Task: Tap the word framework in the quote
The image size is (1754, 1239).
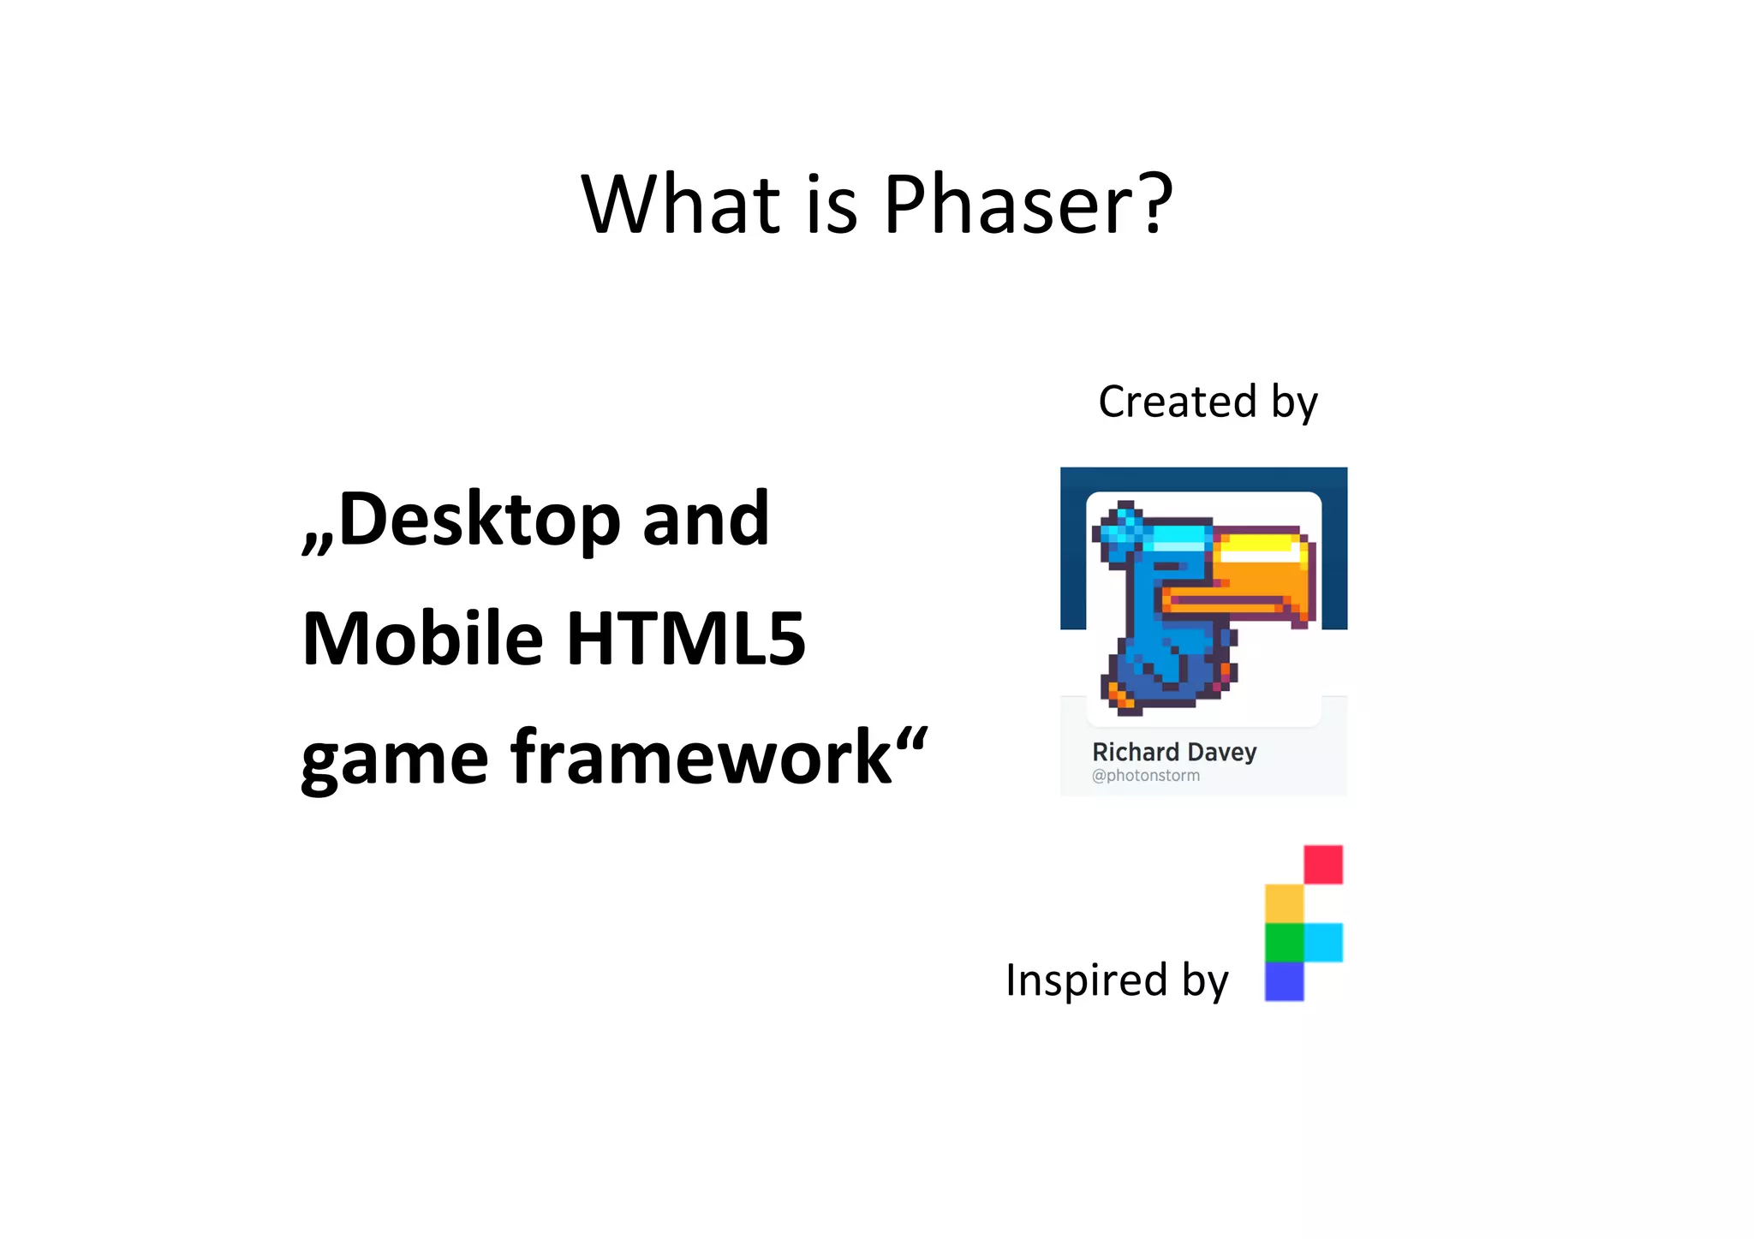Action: [x=702, y=757]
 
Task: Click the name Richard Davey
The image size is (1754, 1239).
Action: [x=1174, y=752]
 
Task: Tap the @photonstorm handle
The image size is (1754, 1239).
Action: [x=1145, y=776]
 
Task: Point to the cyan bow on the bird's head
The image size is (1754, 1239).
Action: [x=1122, y=531]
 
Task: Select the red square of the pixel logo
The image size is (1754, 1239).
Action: [x=1323, y=864]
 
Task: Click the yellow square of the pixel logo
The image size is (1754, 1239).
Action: [x=1284, y=903]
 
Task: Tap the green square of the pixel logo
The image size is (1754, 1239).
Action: [x=1284, y=942]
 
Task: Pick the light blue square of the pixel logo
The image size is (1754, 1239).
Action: [x=1323, y=942]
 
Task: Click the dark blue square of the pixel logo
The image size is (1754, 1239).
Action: [x=1284, y=981]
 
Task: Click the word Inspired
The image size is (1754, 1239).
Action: [x=1086, y=980]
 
